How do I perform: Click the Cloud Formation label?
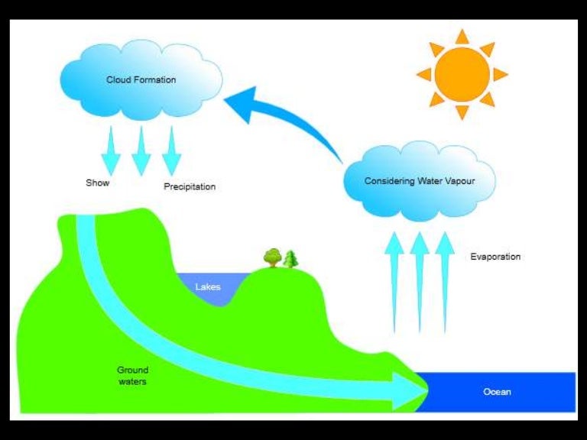pyautogui.click(x=141, y=79)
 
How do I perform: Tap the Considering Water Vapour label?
pyautogui.click(x=419, y=181)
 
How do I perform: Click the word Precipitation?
pyautogui.click(x=190, y=186)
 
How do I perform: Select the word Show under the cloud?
pyautogui.click(x=97, y=183)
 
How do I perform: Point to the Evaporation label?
pyautogui.click(x=495, y=257)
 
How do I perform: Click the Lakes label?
pyautogui.click(x=208, y=287)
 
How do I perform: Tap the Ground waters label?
pyautogui.click(x=132, y=375)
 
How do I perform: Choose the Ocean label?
pyautogui.click(x=497, y=392)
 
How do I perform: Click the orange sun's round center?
pyautogui.click(x=462, y=74)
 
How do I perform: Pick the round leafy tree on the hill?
pyautogui.click(x=273, y=257)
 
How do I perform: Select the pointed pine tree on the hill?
pyautogui.click(x=290, y=260)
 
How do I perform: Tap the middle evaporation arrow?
pyautogui.click(x=419, y=283)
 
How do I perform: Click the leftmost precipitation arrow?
pyautogui.click(x=112, y=149)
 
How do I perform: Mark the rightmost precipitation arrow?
pyautogui.click(x=171, y=150)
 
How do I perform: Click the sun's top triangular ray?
pyautogui.click(x=462, y=37)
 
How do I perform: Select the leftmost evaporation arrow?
pyautogui.click(x=394, y=283)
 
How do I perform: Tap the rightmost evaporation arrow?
pyautogui.click(x=444, y=283)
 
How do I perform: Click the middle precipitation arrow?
pyautogui.click(x=141, y=150)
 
